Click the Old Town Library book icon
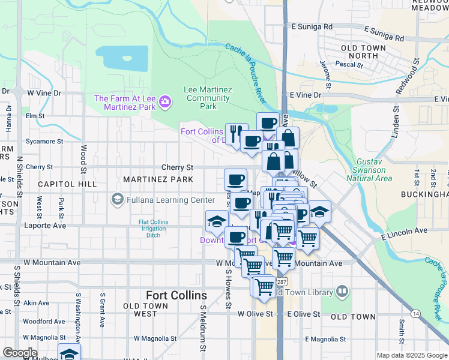(342, 292)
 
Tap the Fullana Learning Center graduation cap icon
(117, 200)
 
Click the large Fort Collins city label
(176, 296)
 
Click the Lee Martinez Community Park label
(208, 98)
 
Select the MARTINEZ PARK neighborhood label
(158, 179)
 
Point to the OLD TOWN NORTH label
(360, 52)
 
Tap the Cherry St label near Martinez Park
(177, 167)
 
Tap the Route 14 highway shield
(415, 313)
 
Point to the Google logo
(20, 353)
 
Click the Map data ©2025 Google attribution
(412, 355)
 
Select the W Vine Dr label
(44, 93)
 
